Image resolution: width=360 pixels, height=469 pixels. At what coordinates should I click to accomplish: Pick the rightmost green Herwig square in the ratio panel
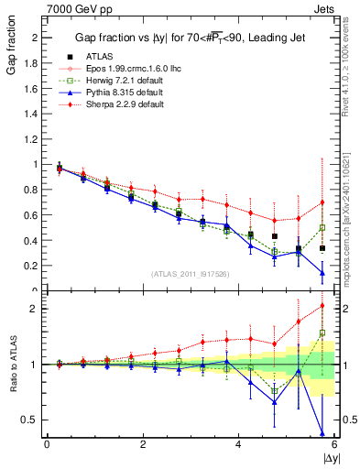pos(322,333)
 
